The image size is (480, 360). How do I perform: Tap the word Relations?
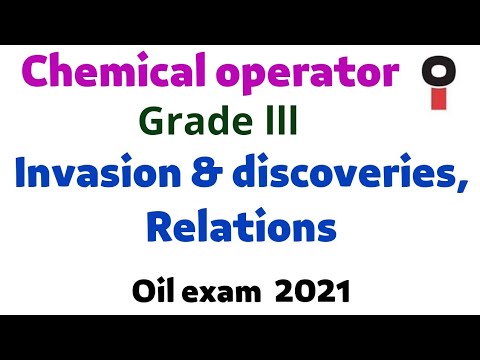[240, 227]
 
